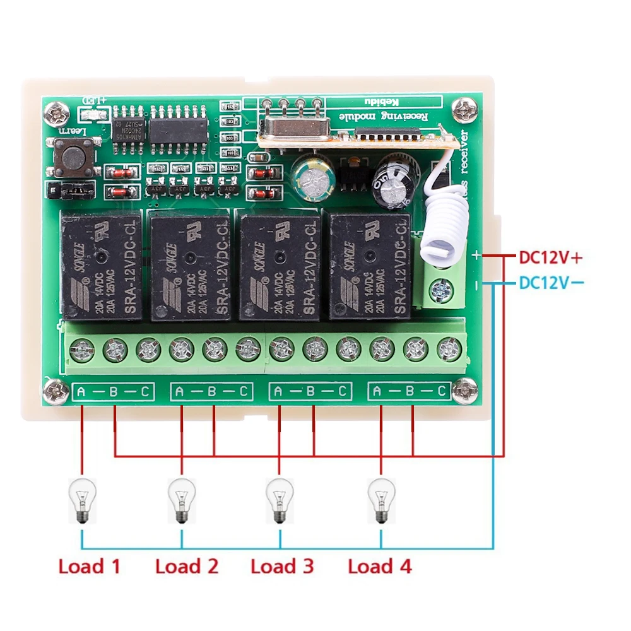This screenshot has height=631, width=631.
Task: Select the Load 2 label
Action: pyautogui.click(x=187, y=566)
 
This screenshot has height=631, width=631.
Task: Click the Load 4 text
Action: pyautogui.click(x=380, y=566)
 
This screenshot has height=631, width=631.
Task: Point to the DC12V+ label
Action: pyautogui.click(x=549, y=257)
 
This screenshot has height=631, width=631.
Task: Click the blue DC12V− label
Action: pyautogui.click(x=549, y=283)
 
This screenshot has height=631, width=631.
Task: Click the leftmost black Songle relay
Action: pyautogui.click(x=101, y=266)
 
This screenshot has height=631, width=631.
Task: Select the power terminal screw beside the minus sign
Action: pyautogui.click(x=440, y=290)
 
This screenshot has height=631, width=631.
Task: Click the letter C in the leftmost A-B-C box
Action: pyautogui.click(x=144, y=392)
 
